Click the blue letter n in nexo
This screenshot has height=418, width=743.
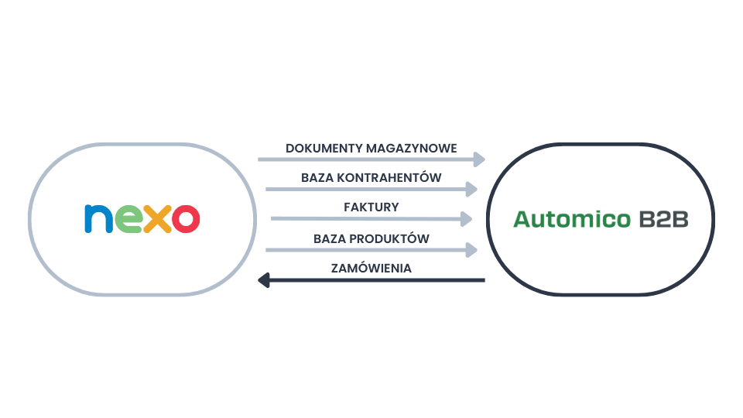(98, 219)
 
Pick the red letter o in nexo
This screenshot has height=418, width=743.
(186, 219)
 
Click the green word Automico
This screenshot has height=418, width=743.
(574, 219)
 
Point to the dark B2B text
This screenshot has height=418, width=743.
(664, 219)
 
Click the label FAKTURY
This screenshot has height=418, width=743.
(371, 207)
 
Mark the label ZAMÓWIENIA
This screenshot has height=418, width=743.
(371, 268)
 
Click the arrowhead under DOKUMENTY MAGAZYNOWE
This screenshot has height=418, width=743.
(478, 159)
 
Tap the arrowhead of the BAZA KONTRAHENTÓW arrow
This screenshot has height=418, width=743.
(471, 189)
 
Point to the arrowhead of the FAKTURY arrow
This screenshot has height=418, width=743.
(465, 219)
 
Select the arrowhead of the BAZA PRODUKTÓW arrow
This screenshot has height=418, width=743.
(471, 250)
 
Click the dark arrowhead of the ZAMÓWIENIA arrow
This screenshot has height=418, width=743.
(264, 279)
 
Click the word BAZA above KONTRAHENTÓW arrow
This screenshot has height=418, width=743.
(315, 177)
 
